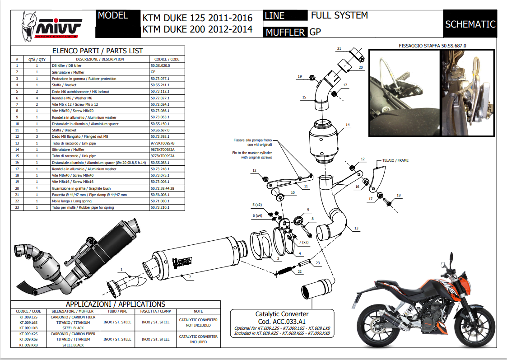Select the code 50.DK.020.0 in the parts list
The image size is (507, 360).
(x=160, y=65)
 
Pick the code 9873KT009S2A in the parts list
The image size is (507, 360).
(x=163, y=150)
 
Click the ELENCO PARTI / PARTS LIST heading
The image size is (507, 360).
(x=98, y=51)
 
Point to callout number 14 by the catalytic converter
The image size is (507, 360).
(x=348, y=124)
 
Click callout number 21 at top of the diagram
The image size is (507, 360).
(x=339, y=48)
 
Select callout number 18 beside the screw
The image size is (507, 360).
(x=398, y=195)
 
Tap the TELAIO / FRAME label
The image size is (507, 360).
(x=395, y=160)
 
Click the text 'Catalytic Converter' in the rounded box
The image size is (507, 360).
(x=282, y=313)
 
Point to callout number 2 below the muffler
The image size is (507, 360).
(x=190, y=276)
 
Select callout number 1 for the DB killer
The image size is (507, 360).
(x=121, y=269)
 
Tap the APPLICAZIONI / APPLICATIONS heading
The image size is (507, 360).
(x=116, y=304)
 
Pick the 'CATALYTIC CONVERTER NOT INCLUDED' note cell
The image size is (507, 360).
(x=198, y=322)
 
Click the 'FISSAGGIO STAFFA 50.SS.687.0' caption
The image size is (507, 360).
(x=432, y=46)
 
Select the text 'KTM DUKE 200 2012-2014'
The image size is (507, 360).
(x=197, y=30)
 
